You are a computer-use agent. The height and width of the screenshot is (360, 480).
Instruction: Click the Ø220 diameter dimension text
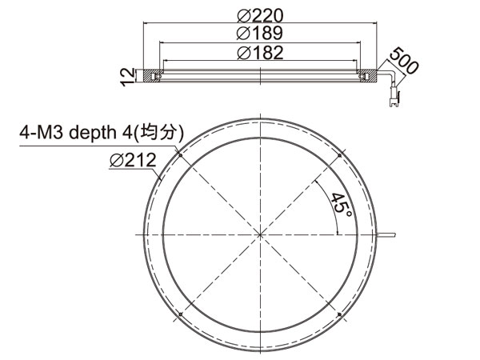click(x=261, y=15)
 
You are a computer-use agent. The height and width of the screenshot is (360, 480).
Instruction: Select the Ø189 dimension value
click(x=260, y=33)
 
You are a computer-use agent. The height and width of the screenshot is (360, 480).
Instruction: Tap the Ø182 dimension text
click(x=261, y=53)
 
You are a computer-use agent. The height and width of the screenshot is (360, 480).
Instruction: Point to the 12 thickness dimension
click(x=127, y=77)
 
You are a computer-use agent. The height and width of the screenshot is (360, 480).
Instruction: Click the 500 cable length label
click(x=404, y=60)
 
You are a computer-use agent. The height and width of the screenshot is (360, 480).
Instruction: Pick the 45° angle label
click(x=341, y=204)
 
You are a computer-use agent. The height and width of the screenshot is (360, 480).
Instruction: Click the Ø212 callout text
click(x=133, y=160)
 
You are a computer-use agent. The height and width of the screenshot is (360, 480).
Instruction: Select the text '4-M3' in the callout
click(x=42, y=132)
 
